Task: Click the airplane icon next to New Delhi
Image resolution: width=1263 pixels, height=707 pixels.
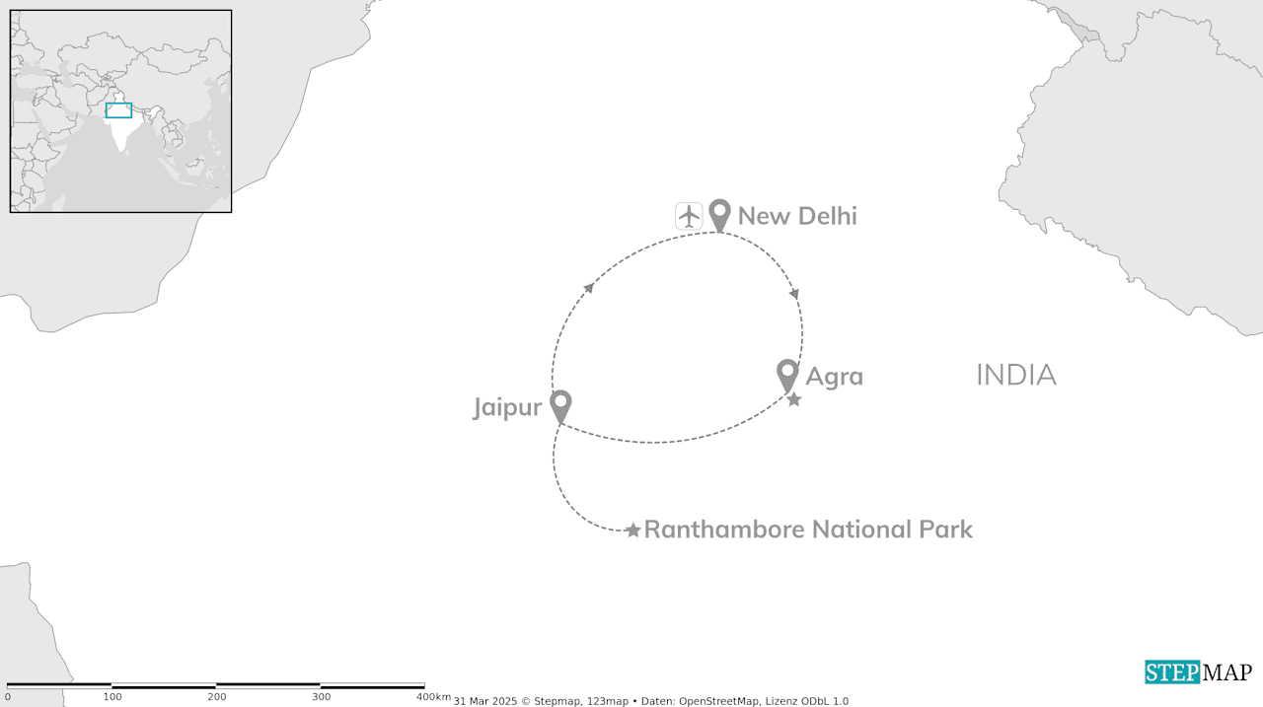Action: point(689,215)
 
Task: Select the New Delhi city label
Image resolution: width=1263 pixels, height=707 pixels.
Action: point(797,216)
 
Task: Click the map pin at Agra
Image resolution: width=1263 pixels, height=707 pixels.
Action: point(787,374)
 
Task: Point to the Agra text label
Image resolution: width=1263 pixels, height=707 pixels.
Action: point(834,377)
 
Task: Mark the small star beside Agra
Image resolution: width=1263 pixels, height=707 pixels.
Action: point(794,399)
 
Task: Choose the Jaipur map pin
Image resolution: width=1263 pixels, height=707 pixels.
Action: point(560,404)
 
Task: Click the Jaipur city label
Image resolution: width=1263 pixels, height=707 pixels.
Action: point(507,407)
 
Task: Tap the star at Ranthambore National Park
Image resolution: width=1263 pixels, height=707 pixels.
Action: point(632,530)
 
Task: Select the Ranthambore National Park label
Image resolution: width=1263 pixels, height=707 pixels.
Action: point(808,530)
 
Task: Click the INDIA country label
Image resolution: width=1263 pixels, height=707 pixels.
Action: point(1015,375)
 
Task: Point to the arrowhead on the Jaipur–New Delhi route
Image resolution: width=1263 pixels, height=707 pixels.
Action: point(589,287)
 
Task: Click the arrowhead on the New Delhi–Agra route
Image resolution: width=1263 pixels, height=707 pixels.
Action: point(794,294)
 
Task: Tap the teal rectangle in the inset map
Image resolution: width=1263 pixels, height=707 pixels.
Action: point(118,110)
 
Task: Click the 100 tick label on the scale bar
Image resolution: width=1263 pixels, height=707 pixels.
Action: point(112,697)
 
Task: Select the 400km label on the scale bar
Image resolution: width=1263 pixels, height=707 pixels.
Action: point(433,697)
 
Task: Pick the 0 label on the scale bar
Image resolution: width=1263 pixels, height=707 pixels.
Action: point(8,697)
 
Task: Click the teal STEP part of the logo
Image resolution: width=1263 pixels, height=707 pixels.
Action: point(1172,672)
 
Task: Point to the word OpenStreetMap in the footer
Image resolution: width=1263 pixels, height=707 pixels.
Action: point(719,701)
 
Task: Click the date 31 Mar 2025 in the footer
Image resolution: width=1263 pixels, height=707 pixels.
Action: point(484,701)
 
